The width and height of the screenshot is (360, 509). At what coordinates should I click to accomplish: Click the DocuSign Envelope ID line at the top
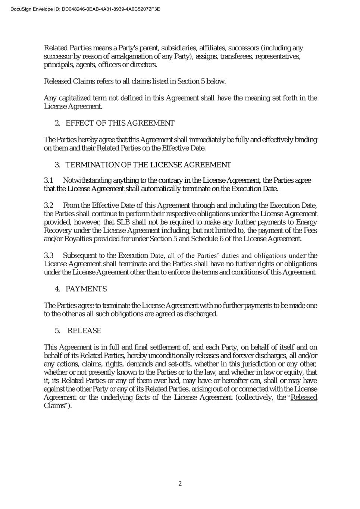[x=85, y=9]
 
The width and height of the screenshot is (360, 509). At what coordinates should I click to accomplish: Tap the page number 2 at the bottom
[x=180, y=484]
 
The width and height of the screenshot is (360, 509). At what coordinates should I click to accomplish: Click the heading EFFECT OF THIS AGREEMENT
[x=120, y=123]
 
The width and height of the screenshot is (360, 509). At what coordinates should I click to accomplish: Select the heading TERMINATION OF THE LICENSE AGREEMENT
[x=148, y=165]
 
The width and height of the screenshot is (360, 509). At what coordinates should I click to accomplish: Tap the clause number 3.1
[x=49, y=180]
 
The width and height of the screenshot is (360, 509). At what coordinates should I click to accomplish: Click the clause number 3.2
[x=49, y=205]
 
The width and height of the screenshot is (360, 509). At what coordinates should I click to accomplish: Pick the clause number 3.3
[x=49, y=255]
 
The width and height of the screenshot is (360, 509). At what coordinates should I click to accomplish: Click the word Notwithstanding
[x=87, y=180]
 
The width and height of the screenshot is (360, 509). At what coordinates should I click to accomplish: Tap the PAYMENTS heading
[x=86, y=289]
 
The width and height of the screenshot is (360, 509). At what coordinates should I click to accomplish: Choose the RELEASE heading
[x=84, y=331]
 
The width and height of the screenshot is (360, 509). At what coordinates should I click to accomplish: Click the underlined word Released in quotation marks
[x=304, y=398]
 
